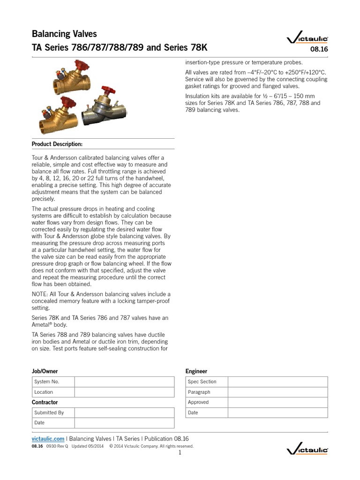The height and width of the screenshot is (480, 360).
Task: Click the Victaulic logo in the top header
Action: (307, 40)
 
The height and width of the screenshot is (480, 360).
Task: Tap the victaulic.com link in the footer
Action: (48, 439)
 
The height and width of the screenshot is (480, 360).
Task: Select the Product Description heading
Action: (57, 144)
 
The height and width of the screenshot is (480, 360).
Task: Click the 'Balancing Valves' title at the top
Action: (64, 34)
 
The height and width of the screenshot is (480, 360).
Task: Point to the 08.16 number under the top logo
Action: (320, 50)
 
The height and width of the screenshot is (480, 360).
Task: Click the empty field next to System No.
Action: (124, 382)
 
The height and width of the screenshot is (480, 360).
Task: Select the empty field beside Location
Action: (124, 392)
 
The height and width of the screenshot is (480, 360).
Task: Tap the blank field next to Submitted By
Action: (124, 412)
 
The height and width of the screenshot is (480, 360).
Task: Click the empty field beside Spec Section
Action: (278, 382)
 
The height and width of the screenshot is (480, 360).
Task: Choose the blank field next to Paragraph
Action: (278, 392)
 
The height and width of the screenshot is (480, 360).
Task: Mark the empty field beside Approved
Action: (278, 402)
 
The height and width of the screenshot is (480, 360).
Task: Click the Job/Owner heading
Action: (45, 371)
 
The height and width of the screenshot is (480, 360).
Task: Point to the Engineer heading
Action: (196, 371)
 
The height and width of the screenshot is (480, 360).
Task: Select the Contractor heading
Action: (45, 402)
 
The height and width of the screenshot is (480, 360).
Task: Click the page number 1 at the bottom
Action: (180, 453)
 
